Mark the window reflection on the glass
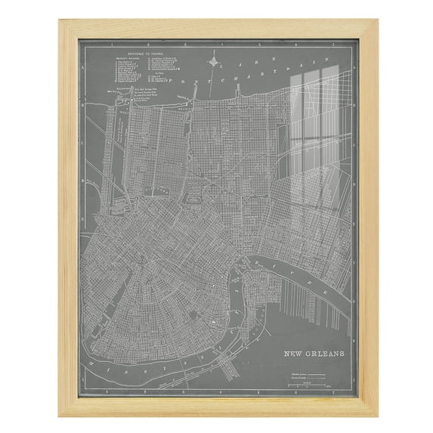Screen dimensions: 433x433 (314, 136)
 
